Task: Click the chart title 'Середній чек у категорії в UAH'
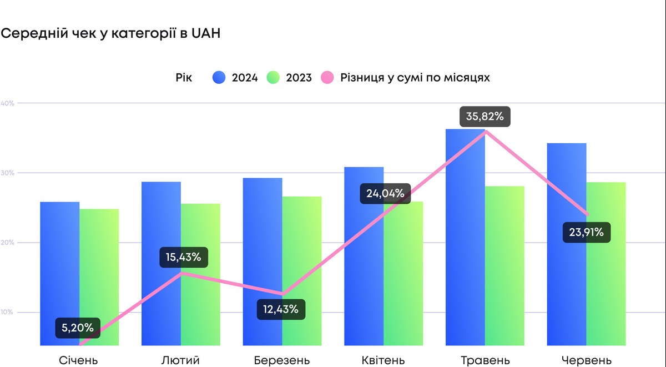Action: tap(110, 33)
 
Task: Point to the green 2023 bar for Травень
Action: tap(504, 267)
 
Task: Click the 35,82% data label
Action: tap(485, 117)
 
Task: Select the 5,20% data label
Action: tap(78, 328)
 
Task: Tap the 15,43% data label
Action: tap(183, 257)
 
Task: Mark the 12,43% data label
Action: tap(281, 309)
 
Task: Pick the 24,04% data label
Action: tap(385, 194)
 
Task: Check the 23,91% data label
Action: tap(587, 232)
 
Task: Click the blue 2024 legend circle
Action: tap(219, 78)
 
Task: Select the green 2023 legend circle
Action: tap(273, 78)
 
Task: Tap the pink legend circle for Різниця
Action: tap(327, 78)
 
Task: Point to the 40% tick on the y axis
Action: tap(7, 103)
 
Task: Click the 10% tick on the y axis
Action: tap(7, 312)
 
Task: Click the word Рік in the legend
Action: tap(184, 78)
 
